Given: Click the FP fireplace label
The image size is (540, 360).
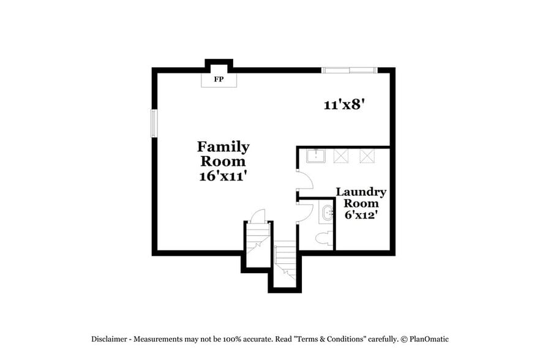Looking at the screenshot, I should pyautogui.click(x=219, y=80).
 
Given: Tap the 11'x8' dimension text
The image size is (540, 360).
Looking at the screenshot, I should pyautogui.click(x=345, y=105).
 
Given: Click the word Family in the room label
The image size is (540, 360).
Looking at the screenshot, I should pyautogui.click(x=223, y=147).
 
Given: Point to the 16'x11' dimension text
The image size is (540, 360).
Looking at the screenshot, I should pyautogui.click(x=223, y=176).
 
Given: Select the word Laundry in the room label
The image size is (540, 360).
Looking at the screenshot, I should pyautogui.click(x=361, y=192).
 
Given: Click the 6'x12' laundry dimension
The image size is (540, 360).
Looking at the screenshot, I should pyautogui.click(x=361, y=215).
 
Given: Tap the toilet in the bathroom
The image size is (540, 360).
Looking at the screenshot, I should pyautogui.click(x=324, y=238).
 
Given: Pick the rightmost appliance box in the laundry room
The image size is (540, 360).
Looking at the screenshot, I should pyautogui.click(x=367, y=156).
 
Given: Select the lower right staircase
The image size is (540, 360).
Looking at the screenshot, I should pyautogui.click(x=285, y=263).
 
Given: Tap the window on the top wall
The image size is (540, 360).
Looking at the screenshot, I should pyautogui.click(x=350, y=70).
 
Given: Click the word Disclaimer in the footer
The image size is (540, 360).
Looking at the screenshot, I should pyautogui.click(x=110, y=339).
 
